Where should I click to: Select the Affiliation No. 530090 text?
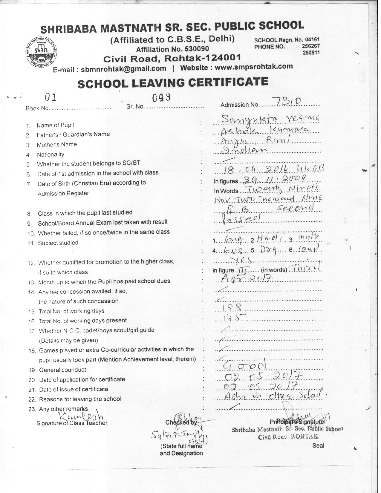pos(172,49)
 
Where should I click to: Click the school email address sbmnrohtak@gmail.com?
pos(123,68)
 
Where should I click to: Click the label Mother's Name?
pos(57,145)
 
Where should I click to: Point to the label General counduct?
pos(63,370)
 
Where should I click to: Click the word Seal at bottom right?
pos(318,445)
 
